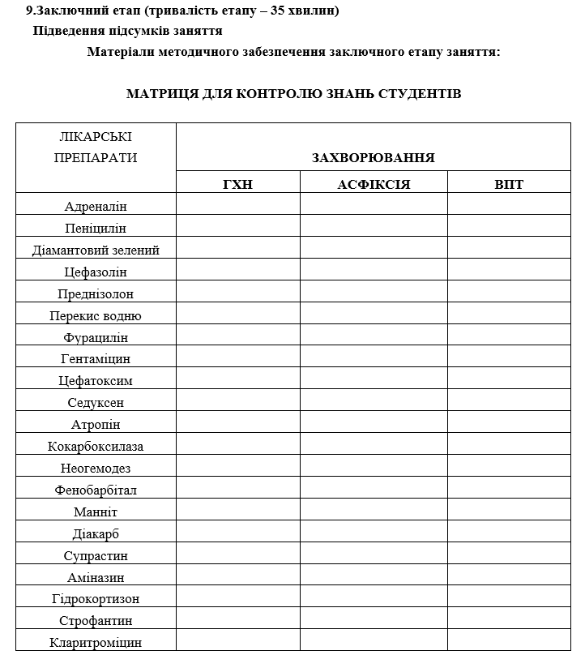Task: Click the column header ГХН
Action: pos(237,184)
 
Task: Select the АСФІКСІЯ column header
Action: pos(374,184)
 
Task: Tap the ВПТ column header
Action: pos(509,184)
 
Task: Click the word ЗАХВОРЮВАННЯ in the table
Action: pos(373,157)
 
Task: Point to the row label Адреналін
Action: pos(96,207)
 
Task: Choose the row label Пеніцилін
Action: pos(96,229)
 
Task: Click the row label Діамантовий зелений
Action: pos(96,250)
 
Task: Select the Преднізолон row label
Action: pos(96,294)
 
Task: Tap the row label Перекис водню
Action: pos(96,316)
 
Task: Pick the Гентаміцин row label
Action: pos(96,359)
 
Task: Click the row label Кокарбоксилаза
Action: pos(96,447)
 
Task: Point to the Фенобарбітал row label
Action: pos(96,490)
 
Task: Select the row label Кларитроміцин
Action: pos(96,643)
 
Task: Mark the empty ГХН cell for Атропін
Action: pos(237,425)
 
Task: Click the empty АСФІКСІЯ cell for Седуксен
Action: pos(374,403)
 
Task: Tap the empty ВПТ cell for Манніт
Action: pos(509,512)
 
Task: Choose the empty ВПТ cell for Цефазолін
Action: pos(509,272)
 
